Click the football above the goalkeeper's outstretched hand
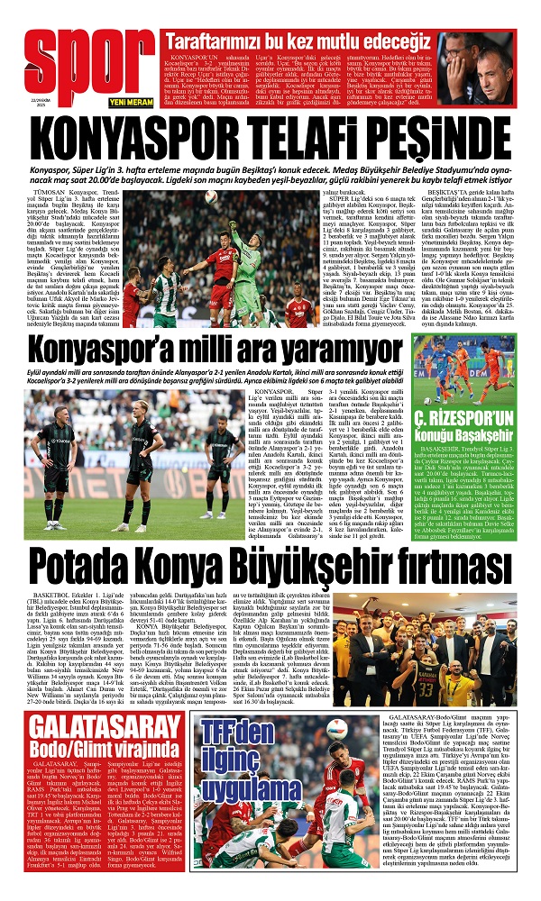210,196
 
